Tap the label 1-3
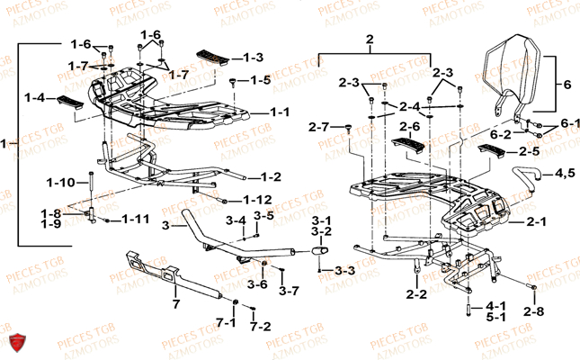coord(253,57)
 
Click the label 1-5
coord(260,79)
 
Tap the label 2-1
coord(535,220)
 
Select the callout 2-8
coord(534,311)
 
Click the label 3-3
coord(345,270)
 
